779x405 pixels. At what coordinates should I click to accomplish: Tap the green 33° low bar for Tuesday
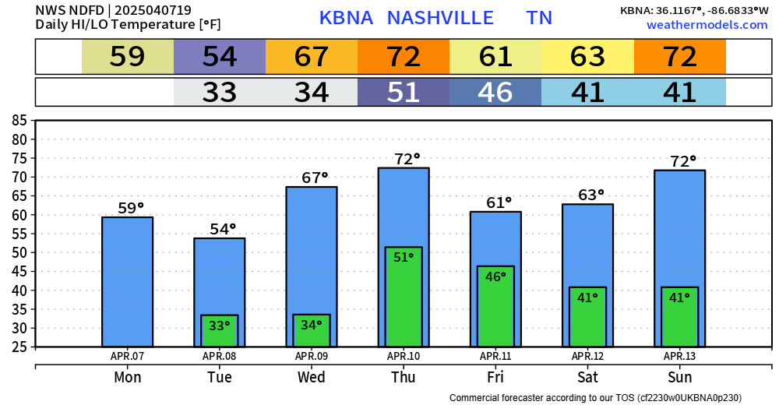tap(220, 331)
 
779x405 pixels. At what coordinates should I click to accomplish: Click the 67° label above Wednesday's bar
tap(315, 178)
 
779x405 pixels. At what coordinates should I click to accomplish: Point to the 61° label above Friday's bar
tap(499, 202)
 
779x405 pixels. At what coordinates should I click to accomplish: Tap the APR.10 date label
tap(404, 357)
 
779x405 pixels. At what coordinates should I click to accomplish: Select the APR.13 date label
tap(679, 357)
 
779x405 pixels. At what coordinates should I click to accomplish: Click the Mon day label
tap(127, 378)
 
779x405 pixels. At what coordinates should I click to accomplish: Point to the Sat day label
tap(587, 378)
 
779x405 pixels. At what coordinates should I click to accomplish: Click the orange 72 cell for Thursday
tap(404, 57)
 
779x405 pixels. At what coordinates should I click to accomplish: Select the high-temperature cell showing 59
tap(128, 57)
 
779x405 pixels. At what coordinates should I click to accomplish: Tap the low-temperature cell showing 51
tap(404, 93)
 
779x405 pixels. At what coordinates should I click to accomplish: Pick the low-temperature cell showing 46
tap(495, 93)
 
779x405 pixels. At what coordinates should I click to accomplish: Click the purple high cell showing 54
tap(220, 57)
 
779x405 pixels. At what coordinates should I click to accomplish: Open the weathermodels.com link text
tap(707, 25)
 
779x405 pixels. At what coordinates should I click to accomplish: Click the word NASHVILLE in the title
tap(440, 18)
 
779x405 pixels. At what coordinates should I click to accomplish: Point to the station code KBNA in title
tap(347, 18)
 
